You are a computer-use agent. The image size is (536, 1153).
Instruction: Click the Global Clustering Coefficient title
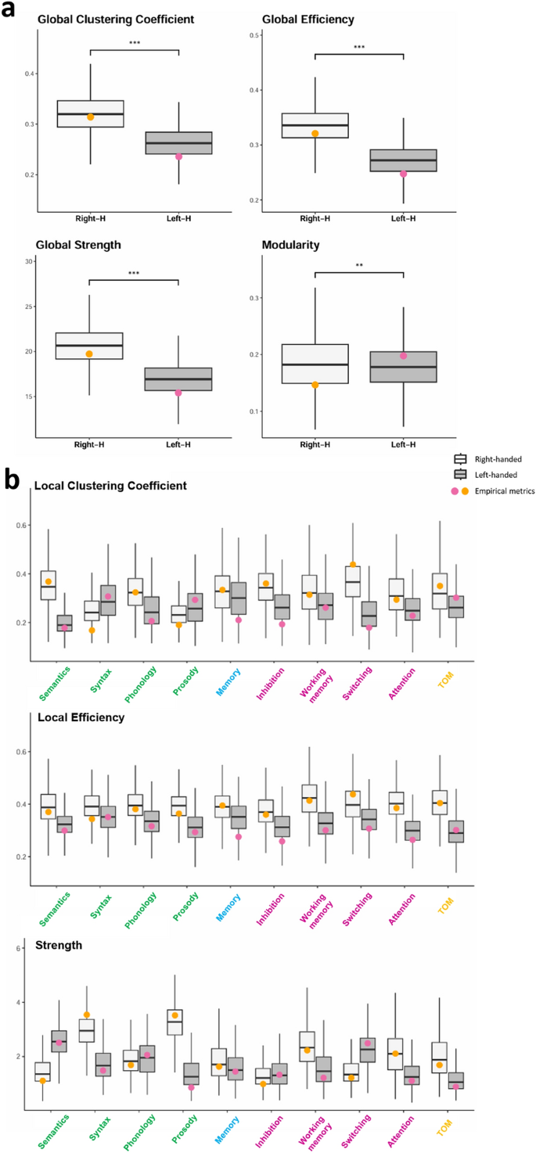116,18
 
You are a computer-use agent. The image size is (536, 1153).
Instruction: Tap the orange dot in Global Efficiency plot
315,134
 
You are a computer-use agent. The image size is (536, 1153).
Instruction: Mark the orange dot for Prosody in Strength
174,1015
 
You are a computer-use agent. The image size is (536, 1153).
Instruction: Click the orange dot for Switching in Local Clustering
353,565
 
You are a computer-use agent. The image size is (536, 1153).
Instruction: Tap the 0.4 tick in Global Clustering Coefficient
29,74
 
